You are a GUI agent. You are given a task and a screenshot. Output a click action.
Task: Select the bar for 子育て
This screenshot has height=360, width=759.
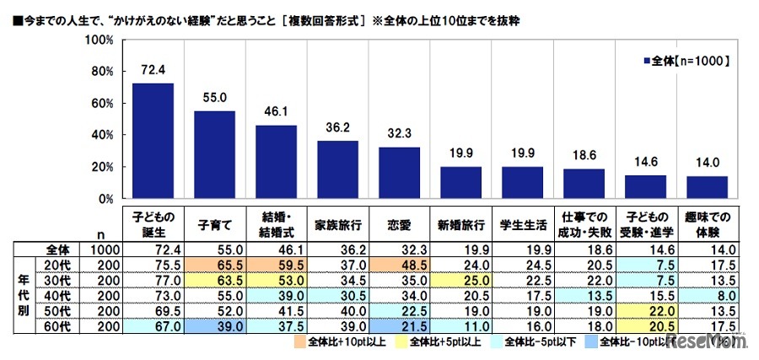click(x=215, y=155)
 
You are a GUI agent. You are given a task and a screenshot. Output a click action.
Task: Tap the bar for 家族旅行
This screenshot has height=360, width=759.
click(x=338, y=169)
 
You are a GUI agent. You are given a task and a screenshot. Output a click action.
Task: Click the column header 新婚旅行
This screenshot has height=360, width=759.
click(x=461, y=225)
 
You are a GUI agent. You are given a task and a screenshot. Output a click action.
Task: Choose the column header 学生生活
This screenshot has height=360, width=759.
click(x=523, y=225)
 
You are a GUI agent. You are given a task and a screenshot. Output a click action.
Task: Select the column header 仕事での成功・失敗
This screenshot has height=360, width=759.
click(x=584, y=225)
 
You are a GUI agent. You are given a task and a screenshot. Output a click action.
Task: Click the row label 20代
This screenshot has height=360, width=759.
click(x=57, y=264)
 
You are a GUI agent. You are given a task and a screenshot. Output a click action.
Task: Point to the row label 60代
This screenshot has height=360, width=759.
click(x=57, y=325)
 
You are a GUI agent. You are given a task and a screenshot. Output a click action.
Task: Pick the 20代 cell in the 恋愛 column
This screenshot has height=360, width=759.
click(x=400, y=264)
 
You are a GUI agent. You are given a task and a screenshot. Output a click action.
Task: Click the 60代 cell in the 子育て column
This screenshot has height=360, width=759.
click(x=215, y=325)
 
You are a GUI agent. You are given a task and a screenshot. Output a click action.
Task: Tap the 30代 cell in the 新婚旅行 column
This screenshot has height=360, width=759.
click(x=461, y=279)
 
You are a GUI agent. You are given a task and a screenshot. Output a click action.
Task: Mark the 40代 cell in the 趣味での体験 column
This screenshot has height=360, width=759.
click(x=708, y=295)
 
